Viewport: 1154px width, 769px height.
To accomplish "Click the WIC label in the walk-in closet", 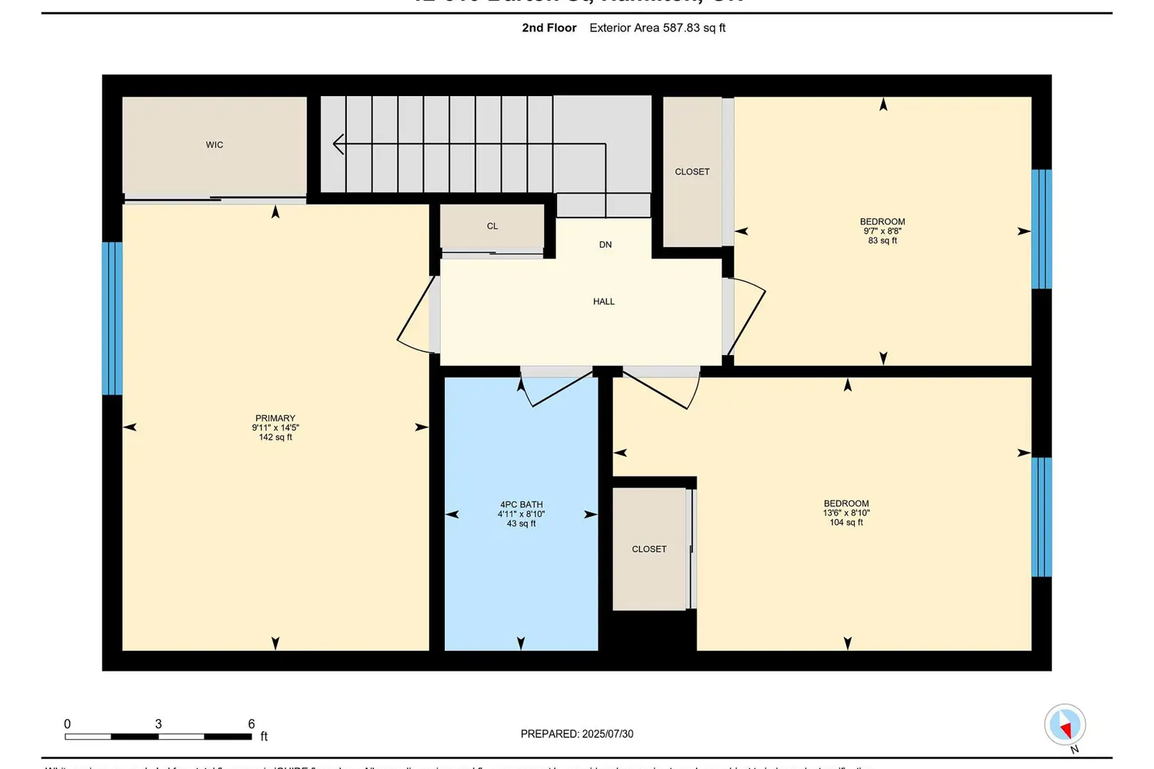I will tap(215, 145).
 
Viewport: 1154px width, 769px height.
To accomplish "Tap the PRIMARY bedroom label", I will tap(275, 418).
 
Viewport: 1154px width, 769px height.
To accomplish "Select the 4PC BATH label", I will tap(521, 504).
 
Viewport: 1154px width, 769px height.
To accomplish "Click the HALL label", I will tap(604, 301).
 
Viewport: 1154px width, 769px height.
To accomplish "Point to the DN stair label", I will tap(605, 245).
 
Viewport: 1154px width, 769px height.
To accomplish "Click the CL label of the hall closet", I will tap(492, 226).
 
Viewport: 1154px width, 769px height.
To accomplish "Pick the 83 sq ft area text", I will tap(882, 241).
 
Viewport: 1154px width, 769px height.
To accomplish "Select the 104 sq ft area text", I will tap(846, 523).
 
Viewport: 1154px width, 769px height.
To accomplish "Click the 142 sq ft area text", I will tap(275, 438).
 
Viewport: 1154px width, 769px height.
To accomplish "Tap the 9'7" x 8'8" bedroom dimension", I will tap(882, 231).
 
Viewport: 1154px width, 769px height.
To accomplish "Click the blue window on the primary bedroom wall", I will tap(112, 318).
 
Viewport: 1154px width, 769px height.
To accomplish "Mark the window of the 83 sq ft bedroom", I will tap(1041, 229).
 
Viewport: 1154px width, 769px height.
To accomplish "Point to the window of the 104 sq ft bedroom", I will tap(1041, 517).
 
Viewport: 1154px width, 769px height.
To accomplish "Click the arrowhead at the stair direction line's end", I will tap(337, 144).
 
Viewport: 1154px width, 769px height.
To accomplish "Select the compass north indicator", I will tap(1065, 724).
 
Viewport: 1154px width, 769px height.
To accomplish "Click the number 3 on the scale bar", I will tap(158, 724).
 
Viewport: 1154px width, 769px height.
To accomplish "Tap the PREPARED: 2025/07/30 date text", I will tap(577, 734).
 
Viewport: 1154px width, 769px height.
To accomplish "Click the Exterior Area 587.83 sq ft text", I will tap(657, 28).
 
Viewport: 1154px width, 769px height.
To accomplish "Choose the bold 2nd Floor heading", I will tap(549, 28).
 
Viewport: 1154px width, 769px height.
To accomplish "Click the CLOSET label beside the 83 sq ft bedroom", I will tap(692, 171).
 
